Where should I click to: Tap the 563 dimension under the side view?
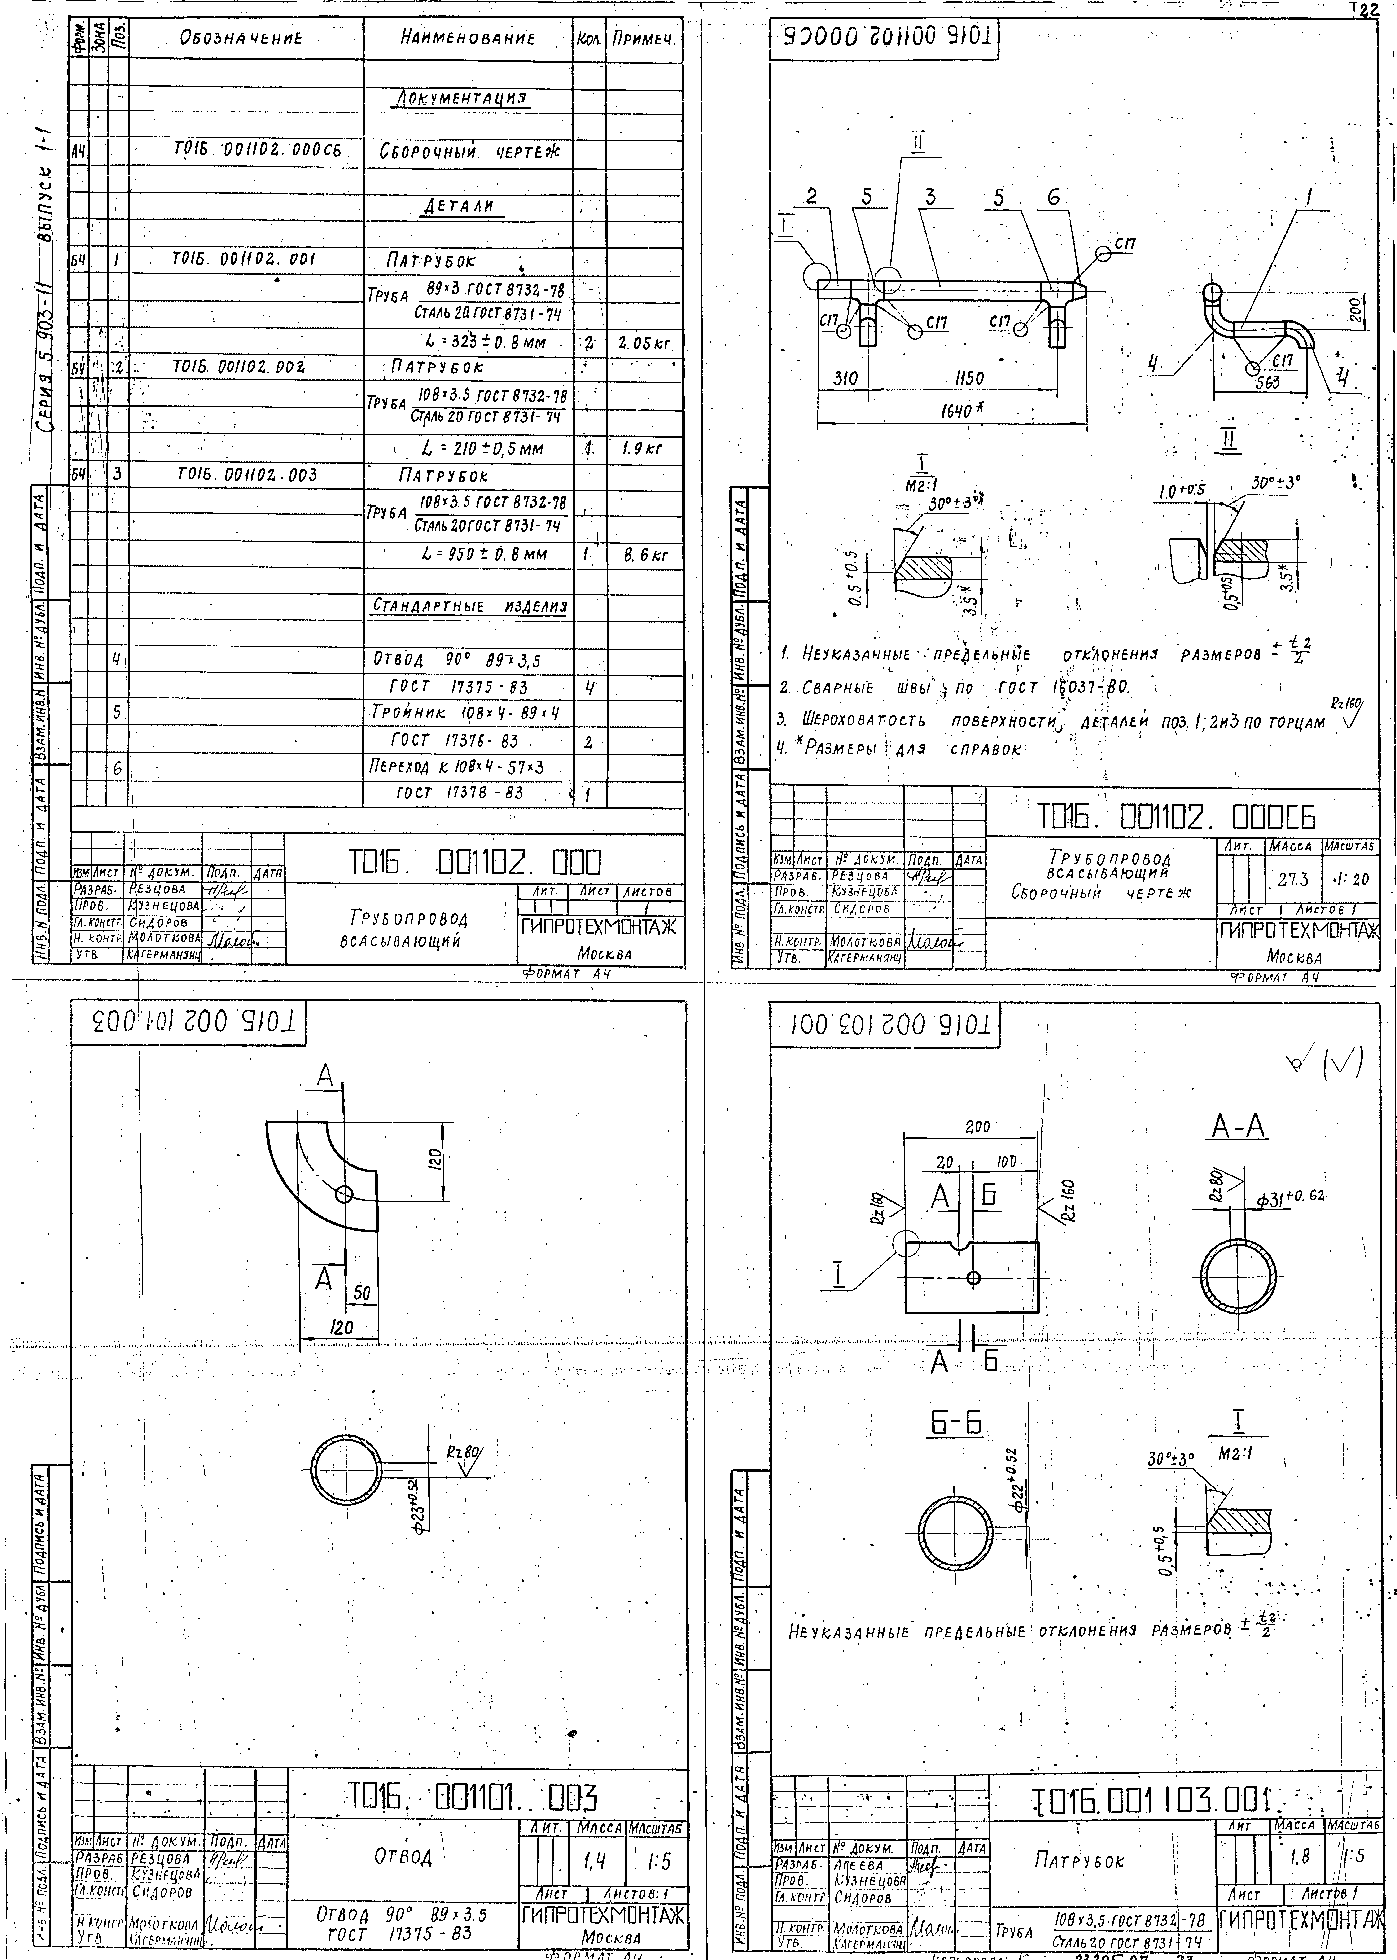pyautogui.click(x=1268, y=383)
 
